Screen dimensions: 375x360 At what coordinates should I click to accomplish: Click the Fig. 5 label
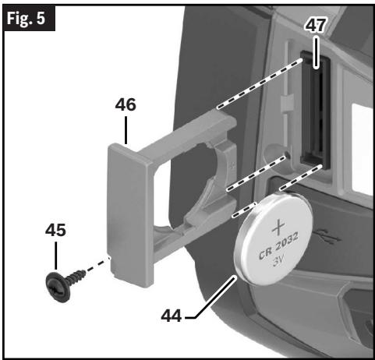point(26,18)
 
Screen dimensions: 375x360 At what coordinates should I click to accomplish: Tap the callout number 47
point(315,26)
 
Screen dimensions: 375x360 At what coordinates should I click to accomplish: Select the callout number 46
point(126,105)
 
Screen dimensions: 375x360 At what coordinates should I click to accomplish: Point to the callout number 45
point(55,230)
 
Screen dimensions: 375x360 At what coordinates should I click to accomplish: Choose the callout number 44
point(171,316)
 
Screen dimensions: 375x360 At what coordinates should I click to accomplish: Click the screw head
point(58,287)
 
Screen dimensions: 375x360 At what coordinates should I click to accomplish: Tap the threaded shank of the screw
point(76,277)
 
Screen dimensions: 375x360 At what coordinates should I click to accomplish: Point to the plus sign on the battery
point(278,227)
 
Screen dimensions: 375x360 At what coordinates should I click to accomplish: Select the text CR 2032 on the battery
point(278,245)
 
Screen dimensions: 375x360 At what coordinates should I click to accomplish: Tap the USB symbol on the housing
point(327,235)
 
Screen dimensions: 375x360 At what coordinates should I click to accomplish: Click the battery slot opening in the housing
point(315,109)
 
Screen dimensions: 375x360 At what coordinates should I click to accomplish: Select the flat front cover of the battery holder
point(130,214)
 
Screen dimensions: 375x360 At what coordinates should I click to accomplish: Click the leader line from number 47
point(316,53)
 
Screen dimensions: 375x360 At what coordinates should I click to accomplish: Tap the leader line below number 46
point(126,130)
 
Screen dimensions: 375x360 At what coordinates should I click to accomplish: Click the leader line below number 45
point(55,256)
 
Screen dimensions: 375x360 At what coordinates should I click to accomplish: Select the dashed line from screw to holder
point(97,264)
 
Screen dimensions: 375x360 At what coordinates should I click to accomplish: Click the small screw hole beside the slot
point(287,156)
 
